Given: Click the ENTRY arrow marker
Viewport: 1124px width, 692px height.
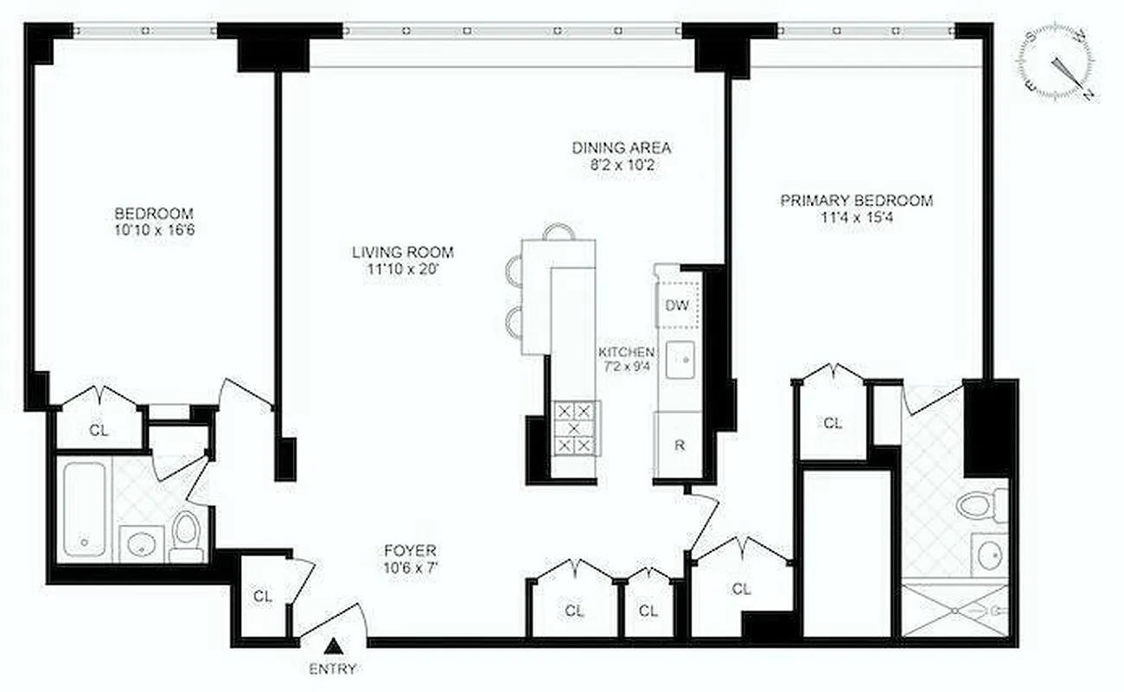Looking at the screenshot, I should tap(334, 646).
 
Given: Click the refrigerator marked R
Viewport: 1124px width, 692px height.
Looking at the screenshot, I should tap(680, 446).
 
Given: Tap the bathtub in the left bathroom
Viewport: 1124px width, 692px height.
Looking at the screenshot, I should tap(85, 509).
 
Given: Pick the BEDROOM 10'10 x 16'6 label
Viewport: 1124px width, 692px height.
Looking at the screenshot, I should tap(155, 221).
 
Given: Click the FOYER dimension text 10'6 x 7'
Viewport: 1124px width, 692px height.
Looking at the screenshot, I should tap(411, 568).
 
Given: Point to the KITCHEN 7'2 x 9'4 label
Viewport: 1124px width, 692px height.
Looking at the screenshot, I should tap(626, 359).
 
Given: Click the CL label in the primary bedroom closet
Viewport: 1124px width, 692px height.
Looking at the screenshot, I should tap(832, 423).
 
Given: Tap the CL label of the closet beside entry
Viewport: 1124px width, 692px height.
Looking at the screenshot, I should tap(263, 596).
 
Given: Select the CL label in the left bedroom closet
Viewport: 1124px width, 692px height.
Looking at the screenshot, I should tap(99, 429).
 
